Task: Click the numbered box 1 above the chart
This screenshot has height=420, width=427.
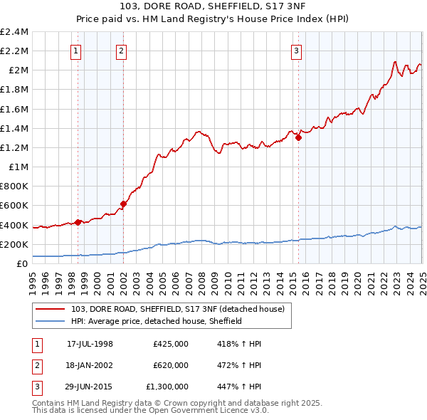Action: pos(75,50)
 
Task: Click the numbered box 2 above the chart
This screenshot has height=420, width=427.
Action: pos(122,50)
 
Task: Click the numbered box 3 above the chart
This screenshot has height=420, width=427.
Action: pos(296,50)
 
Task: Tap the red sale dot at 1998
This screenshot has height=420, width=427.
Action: pos(78,222)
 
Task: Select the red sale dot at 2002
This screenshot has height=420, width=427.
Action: pos(123,204)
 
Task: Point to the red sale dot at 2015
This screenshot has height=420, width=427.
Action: pos(298,138)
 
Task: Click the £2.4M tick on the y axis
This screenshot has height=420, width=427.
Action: pos(14,32)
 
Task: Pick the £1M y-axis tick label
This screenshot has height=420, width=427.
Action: pos(19,167)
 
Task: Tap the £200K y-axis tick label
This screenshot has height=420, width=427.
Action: pos(14,244)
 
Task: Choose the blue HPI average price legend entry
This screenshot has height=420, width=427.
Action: pos(157,321)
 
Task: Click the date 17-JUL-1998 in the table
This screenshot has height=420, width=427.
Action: pos(90,344)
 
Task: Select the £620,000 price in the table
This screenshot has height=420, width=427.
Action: pos(171,365)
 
